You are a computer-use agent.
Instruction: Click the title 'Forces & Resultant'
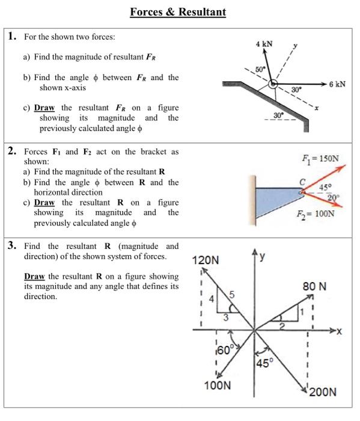click(178, 11)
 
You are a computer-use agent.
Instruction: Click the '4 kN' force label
click(264, 45)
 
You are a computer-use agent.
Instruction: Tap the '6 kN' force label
click(337, 84)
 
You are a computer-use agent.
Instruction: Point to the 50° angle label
click(260, 70)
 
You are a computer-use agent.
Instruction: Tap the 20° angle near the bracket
click(334, 197)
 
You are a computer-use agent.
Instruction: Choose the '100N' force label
click(218, 386)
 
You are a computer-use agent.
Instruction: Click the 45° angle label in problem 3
click(264, 363)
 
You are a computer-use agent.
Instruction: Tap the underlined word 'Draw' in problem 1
click(44, 108)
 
